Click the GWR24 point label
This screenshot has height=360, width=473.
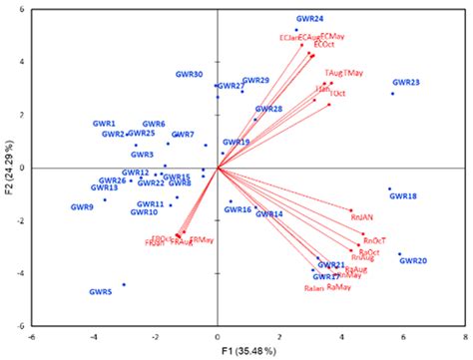[309, 19]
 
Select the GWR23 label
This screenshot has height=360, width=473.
[405, 83]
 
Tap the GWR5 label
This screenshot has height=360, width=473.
[100, 291]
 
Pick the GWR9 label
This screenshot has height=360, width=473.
[82, 207]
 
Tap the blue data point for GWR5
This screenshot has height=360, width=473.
[124, 284]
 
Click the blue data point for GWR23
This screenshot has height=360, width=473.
[392, 94]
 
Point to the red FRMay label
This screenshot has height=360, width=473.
[201, 239]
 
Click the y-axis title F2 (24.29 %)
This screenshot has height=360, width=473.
[10, 167]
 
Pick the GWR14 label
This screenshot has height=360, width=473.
[268, 213]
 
